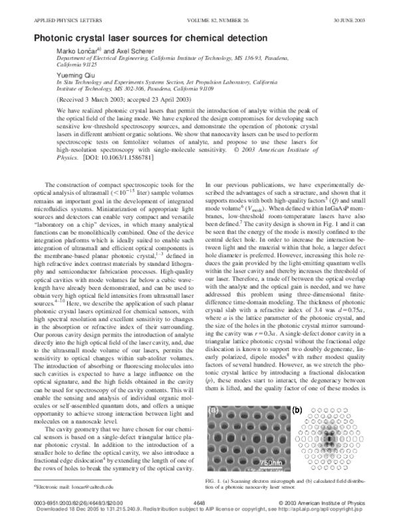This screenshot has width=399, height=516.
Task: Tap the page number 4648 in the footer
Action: (x=199, y=503)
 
